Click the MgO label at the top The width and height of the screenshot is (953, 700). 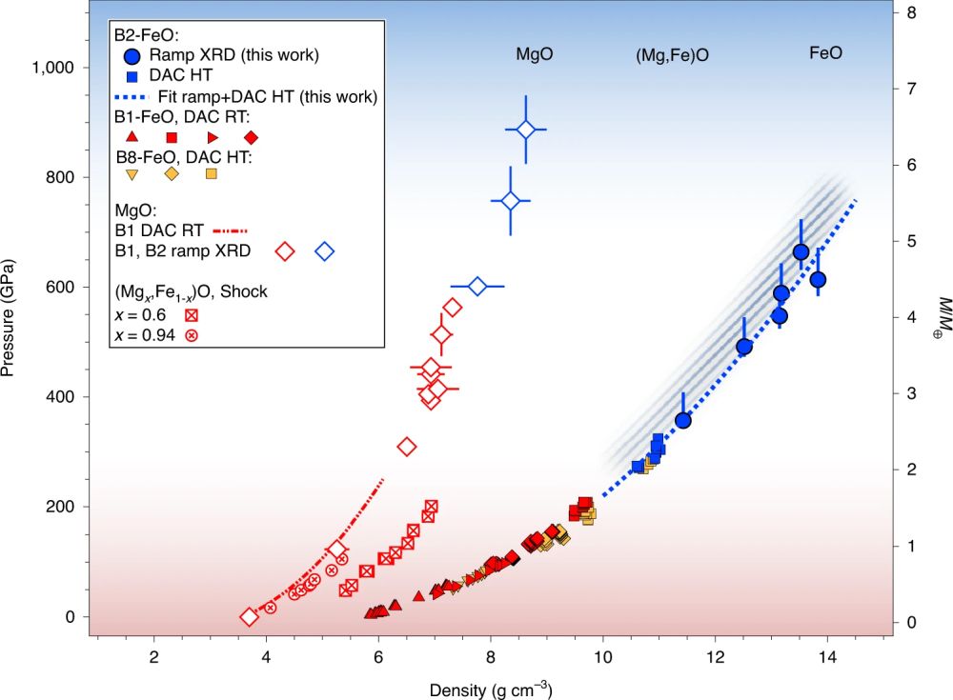(534, 55)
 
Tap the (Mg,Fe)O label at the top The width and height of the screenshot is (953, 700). (670, 55)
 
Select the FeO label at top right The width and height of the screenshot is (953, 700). (825, 55)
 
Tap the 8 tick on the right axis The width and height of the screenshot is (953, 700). (911, 13)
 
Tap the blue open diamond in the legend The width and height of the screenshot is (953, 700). (325, 251)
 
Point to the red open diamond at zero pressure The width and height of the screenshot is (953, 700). (249, 617)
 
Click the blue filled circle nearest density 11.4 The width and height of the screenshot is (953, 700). (682, 420)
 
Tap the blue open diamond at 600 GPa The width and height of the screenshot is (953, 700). (478, 287)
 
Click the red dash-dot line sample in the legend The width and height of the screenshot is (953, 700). (229, 230)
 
